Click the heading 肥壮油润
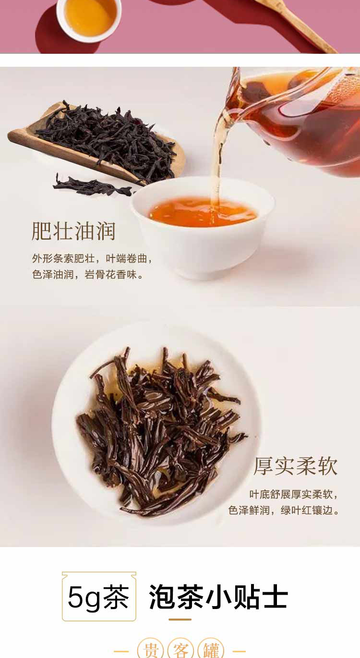tap(73, 232)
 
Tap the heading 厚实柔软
tap(295, 466)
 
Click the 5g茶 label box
tap(99, 597)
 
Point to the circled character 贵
tap(151, 649)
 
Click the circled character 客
tap(180, 649)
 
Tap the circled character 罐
tap(211, 649)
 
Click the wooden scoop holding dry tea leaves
tap(96, 144)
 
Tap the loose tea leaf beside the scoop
tap(93, 185)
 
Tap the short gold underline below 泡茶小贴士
tap(180, 620)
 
